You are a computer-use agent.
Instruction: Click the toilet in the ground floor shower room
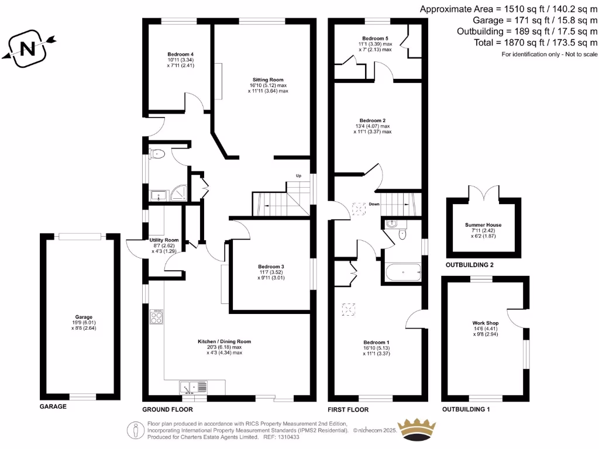coord(157,154)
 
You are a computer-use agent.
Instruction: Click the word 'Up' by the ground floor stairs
coord(298,176)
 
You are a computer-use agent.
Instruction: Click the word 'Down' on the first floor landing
coord(374,205)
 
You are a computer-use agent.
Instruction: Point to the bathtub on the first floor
coord(402,272)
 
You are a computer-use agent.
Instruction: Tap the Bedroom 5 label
coord(375,38)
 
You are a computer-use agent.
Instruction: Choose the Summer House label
coord(483,224)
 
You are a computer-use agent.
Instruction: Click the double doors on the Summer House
coord(483,192)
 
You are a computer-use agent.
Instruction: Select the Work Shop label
coord(484,323)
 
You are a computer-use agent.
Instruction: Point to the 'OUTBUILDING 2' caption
coord(470,265)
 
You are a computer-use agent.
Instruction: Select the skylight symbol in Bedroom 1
coord(350,308)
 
